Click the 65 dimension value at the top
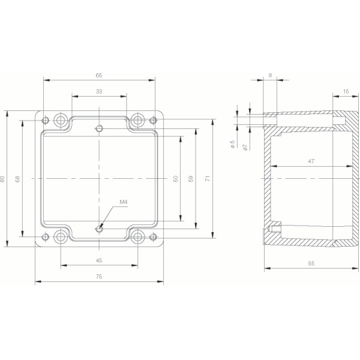[x=98, y=76]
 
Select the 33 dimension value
[x=98, y=91]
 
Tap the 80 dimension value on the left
[x=4, y=179]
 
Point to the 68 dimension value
[x=19, y=179]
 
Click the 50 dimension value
[x=176, y=179]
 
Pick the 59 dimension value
[x=191, y=179]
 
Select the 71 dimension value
[x=208, y=179]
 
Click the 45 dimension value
[x=99, y=260]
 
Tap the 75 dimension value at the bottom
[x=99, y=276]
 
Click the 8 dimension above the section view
[x=271, y=76]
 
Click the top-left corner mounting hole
[x=61, y=119]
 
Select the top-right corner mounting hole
[x=137, y=119]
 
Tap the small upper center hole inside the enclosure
[x=100, y=128]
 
